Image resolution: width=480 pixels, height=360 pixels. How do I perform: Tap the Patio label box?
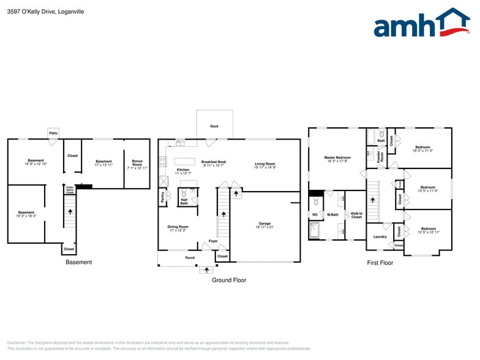[54, 132]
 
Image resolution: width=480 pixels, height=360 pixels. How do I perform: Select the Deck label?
[214, 126]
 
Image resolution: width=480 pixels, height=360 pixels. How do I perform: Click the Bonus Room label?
[137, 164]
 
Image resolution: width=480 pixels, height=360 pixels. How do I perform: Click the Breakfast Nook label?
[214, 163]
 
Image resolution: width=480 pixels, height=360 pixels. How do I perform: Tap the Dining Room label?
[178, 228]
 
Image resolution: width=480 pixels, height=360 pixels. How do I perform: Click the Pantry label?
[163, 197]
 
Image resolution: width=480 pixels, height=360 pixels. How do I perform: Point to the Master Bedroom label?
[337, 159]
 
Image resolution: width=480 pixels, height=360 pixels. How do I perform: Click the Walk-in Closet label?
[356, 216]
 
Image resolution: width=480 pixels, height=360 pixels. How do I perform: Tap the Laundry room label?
[380, 236]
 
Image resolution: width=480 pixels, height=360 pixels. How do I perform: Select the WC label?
[315, 215]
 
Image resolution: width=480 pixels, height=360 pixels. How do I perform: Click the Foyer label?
[213, 241]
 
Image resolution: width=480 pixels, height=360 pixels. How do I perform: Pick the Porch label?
[190, 258]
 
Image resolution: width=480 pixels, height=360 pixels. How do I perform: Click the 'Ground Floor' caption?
[229, 280]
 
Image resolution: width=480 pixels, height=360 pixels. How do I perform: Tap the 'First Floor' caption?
[380, 263]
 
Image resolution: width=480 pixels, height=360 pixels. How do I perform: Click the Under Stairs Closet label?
[70, 190]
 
